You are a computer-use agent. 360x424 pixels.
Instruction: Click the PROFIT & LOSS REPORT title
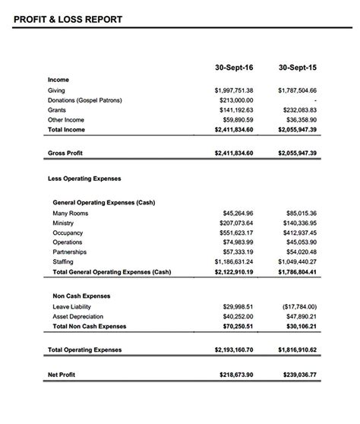click(x=68, y=20)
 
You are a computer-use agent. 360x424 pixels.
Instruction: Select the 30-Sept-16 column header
click(x=235, y=68)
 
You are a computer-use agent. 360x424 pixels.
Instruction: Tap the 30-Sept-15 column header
click(x=297, y=68)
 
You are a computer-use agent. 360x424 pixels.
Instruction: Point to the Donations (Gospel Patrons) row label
click(x=84, y=100)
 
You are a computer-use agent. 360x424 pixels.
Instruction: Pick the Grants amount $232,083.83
click(x=297, y=110)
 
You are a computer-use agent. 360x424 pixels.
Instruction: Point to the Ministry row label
click(x=65, y=223)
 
